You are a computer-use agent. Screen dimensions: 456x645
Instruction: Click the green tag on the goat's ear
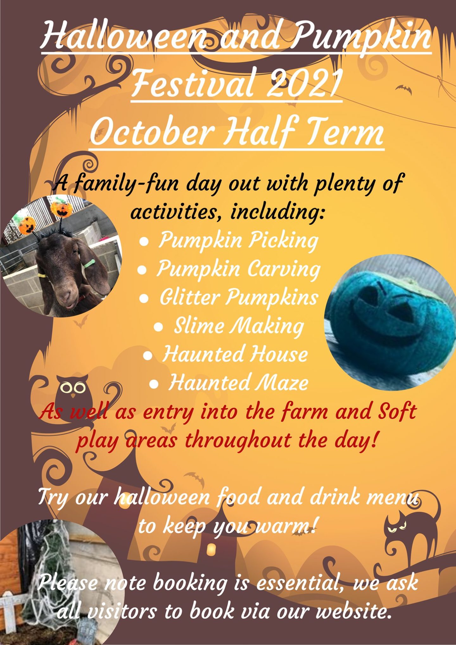click(89, 263)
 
